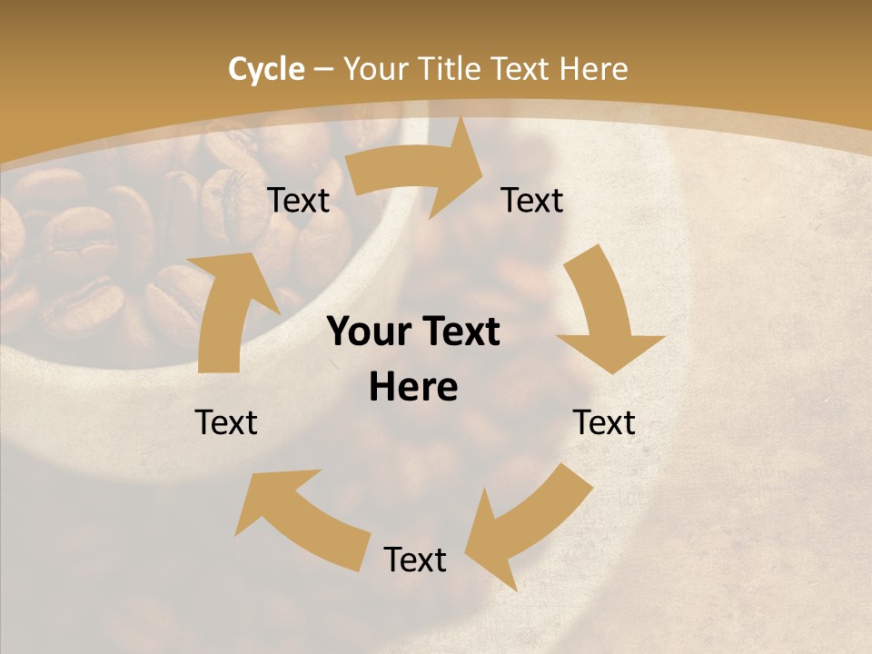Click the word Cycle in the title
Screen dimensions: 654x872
tap(266, 69)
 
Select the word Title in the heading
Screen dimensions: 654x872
tap(449, 69)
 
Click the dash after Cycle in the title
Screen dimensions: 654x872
tap(323, 70)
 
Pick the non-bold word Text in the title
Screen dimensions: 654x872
tap(522, 69)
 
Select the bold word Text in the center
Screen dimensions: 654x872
tap(459, 332)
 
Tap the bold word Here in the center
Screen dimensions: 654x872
tap(413, 388)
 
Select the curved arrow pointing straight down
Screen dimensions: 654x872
tap(607, 318)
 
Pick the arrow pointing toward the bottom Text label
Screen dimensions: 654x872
tap(527, 522)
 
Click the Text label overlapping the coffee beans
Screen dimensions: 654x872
tap(298, 200)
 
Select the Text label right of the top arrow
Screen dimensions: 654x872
tap(532, 200)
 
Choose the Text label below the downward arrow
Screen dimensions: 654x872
tap(604, 422)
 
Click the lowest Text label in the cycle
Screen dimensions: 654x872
tap(415, 560)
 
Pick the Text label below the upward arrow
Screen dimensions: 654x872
tap(227, 422)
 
